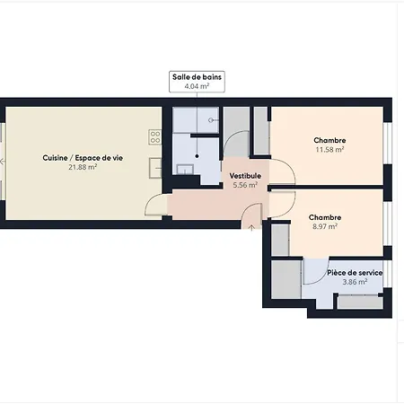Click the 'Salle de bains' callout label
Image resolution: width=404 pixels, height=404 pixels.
pyautogui.click(x=198, y=77)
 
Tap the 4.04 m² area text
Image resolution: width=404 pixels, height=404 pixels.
pyautogui.click(x=198, y=86)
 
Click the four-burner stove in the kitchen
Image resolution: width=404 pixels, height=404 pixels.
pyautogui.click(x=154, y=136)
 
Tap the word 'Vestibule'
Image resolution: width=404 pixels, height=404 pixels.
pyautogui.click(x=245, y=175)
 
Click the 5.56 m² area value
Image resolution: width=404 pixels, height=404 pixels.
pyautogui.click(x=245, y=185)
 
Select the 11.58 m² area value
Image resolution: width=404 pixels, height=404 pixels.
pyautogui.click(x=330, y=150)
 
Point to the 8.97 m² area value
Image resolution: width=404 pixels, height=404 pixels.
pyautogui.click(x=323, y=227)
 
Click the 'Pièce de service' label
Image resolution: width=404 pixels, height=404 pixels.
pyautogui.click(x=355, y=272)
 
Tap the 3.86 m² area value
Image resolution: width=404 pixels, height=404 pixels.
pyautogui.click(x=355, y=282)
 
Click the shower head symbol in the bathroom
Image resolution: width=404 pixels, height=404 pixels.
pyautogui.click(x=212, y=119)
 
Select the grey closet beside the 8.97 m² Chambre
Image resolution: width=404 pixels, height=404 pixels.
pyautogui.click(x=279, y=238)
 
